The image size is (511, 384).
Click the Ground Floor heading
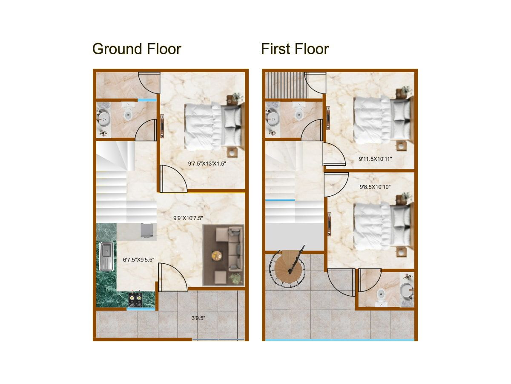(x=137, y=49)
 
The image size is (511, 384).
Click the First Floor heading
(x=295, y=49)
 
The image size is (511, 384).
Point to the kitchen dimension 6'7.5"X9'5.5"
(x=138, y=259)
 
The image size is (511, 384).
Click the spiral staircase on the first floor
(x=287, y=268)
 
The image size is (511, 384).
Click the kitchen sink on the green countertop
(x=106, y=256)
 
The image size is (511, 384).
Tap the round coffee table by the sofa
(x=217, y=256)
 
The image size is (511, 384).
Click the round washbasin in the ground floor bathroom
(x=103, y=118)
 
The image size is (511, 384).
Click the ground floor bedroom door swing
(x=172, y=179)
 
